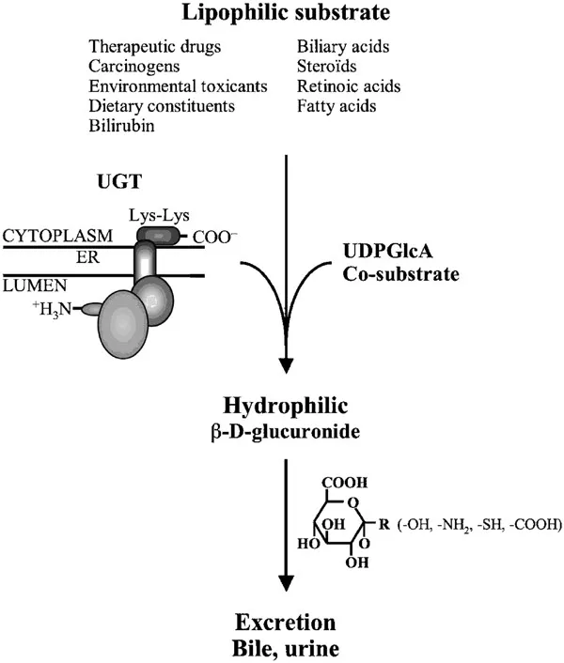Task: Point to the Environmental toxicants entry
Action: click(178, 86)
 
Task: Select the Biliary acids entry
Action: click(344, 45)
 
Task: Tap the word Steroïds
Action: click(329, 66)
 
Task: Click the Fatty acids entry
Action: click(336, 106)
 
